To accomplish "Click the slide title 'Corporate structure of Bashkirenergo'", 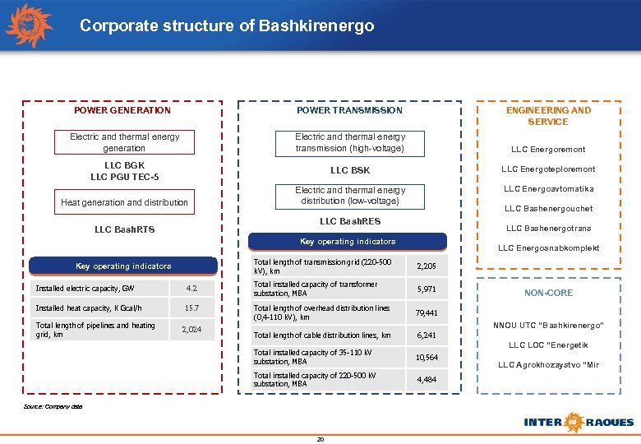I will click(x=227, y=26).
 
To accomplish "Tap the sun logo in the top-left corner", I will click(x=29, y=25).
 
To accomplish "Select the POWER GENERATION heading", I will click(x=122, y=110).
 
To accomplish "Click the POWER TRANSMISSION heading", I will click(x=349, y=110).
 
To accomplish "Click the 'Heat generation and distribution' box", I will click(x=124, y=202).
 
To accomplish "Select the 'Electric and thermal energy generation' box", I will click(x=124, y=142).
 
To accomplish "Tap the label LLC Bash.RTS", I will click(x=123, y=229).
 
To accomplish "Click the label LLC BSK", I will click(x=350, y=170).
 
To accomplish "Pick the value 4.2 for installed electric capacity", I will click(x=191, y=289).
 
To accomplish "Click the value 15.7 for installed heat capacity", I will click(x=191, y=308).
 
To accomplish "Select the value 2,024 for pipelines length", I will click(x=191, y=331).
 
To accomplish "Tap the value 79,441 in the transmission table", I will click(x=427, y=313).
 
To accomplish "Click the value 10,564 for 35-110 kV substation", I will click(x=427, y=358).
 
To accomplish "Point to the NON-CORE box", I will click(x=549, y=293).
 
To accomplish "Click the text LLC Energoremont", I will click(x=548, y=150).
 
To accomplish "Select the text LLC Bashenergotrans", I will click(x=548, y=229).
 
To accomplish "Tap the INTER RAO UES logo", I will click(x=579, y=422).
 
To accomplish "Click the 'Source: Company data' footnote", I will click(x=53, y=407).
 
